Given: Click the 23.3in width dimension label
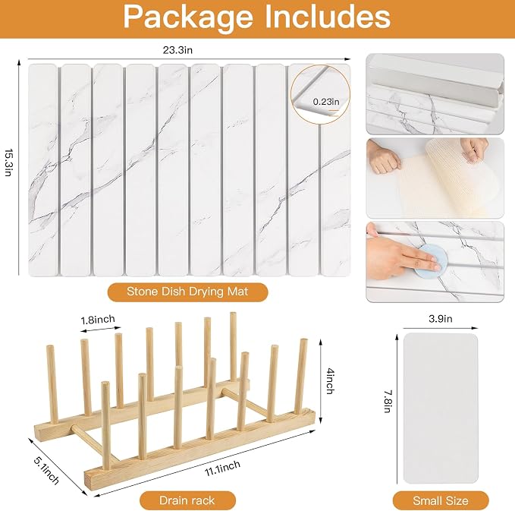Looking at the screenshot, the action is tap(177, 50).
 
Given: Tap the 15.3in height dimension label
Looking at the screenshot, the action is tap(9, 162).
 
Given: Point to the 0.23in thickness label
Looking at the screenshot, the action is tap(326, 102).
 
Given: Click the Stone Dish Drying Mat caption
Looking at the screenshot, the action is tap(187, 292).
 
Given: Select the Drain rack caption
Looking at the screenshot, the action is tap(187, 500).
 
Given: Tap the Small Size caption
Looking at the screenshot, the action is tap(441, 500).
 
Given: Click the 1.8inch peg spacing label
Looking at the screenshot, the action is tap(98, 320).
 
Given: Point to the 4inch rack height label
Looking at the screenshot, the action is tap(331, 381).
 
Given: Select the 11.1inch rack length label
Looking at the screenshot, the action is tap(223, 468).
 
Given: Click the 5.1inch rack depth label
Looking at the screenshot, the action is tap(46, 471).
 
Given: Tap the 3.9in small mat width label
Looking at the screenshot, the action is tap(441, 319).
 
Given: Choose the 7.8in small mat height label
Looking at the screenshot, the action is tap(388, 401).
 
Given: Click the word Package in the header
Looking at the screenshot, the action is tap(189, 17).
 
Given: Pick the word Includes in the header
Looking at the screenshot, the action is tap(328, 17).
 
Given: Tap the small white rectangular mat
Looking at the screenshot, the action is tap(441, 408).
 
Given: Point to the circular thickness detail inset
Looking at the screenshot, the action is tap(320, 95).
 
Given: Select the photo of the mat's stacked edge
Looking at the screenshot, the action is tap(435, 93).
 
